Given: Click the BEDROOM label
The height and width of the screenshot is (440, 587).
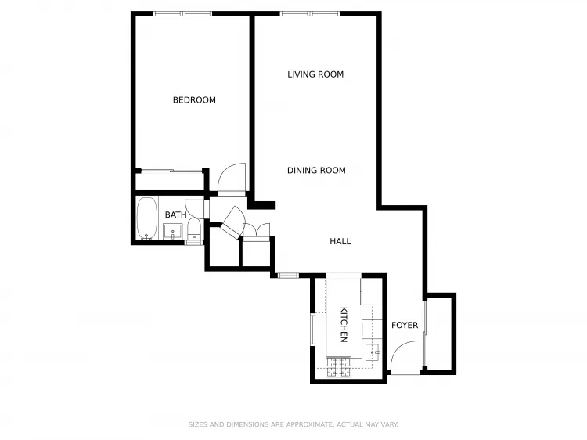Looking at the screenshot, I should tap(194, 100).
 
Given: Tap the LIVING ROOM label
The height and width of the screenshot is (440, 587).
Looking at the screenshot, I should tap(315, 75).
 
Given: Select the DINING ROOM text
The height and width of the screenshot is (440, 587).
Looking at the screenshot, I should tap(316, 171).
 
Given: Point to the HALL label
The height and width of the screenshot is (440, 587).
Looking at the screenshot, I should tap(340, 242).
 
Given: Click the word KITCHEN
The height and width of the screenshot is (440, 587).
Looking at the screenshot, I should tap(343, 324).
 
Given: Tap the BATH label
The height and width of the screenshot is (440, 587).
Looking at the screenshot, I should tap(175, 215).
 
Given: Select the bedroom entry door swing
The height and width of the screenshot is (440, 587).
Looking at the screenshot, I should tap(232, 179).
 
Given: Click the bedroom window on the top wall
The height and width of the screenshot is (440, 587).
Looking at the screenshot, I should tap(182, 13).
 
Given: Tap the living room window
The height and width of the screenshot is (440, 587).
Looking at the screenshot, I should tap(310, 13).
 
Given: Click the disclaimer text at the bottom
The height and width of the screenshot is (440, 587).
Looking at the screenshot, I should tap(293, 424).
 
